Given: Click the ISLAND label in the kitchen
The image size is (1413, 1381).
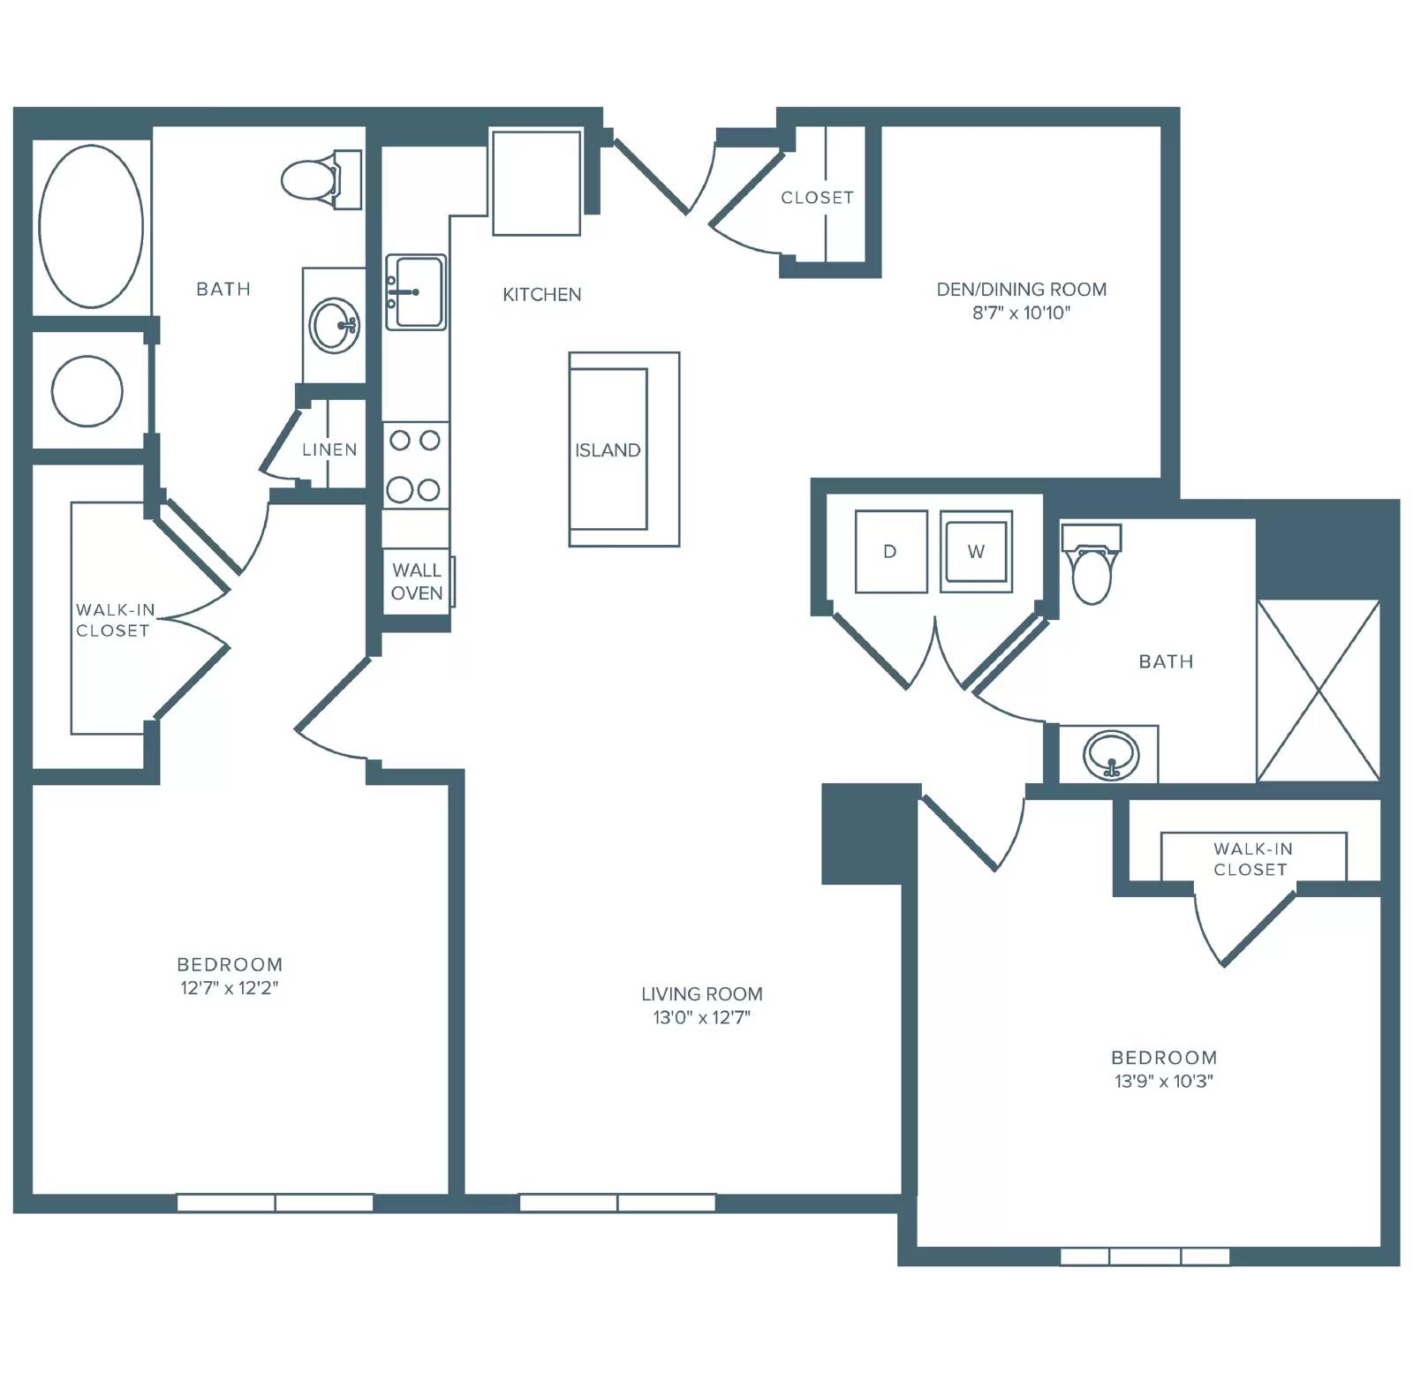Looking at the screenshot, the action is click(608, 450).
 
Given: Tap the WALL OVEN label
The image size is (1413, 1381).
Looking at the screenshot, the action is click(417, 582).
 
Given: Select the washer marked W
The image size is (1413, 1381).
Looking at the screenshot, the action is click(976, 551).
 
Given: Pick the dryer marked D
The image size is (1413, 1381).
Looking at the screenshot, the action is click(891, 551).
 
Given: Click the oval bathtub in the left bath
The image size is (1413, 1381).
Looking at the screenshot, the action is click(91, 226).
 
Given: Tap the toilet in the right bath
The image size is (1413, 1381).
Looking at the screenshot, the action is click(1092, 564).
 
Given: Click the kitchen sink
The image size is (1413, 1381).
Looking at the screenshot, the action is click(416, 292).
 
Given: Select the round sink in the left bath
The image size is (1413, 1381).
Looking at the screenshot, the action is click(334, 325).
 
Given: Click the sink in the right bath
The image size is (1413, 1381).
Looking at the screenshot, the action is click(1112, 755).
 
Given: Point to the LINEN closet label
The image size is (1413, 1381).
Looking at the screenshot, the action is click(329, 449).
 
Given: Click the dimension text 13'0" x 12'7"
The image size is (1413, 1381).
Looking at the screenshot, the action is click(702, 1017).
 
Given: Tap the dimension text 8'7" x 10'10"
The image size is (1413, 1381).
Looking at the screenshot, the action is click(1021, 313).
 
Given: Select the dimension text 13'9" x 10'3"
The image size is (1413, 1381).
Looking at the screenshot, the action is click(1164, 1081).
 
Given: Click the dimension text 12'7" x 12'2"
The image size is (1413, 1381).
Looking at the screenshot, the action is click(230, 988).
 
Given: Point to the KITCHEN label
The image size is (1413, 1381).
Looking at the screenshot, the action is click(542, 295).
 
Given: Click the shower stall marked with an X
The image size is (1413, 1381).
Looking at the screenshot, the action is click(1318, 690).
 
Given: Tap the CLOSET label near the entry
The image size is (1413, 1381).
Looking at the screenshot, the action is click(818, 198).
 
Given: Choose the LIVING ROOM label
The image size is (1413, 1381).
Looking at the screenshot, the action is click(702, 994).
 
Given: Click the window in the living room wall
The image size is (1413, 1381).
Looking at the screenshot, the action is click(617, 1203).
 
